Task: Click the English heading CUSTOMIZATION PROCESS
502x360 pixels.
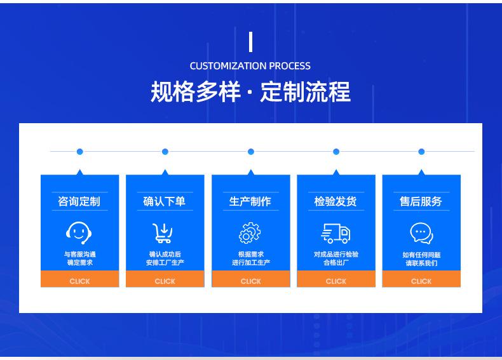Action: [250, 66]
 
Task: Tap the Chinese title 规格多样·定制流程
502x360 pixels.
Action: [250, 92]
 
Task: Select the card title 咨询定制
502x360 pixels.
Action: [79, 201]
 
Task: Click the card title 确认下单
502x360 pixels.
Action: [164, 201]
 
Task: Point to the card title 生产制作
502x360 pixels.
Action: [250, 201]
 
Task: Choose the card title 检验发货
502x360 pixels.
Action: [336, 201]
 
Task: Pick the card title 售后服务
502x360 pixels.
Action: [421, 201]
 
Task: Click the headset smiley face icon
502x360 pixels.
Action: [79, 233]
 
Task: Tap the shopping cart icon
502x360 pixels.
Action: [163, 233]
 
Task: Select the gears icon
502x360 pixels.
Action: [250, 233]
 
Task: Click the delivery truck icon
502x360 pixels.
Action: [336, 233]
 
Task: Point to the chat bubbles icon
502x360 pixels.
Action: [422, 233]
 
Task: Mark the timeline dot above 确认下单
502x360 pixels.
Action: [165, 152]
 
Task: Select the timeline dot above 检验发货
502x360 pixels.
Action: [336, 152]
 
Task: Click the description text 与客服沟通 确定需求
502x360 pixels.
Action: [79, 258]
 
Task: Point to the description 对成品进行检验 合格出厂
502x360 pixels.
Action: [336, 258]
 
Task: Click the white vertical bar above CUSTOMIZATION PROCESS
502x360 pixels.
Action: [250, 42]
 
